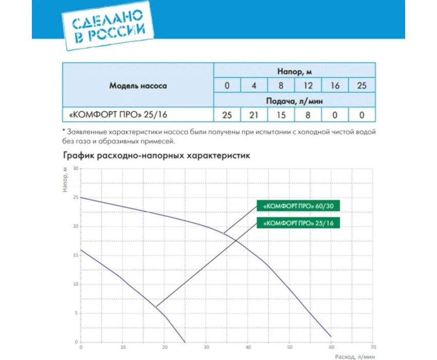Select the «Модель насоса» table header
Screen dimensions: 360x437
click(138, 86)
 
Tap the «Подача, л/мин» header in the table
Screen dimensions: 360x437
click(294, 101)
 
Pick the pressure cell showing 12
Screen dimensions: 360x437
click(307, 85)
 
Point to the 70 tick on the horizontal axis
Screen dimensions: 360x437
click(373, 347)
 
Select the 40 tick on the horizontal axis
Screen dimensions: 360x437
click(248, 347)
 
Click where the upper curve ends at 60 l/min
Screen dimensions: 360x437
click(331, 336)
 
